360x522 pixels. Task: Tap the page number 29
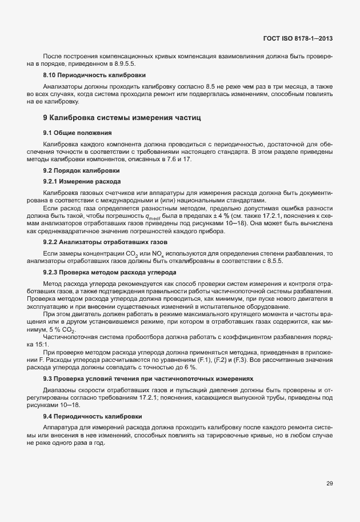[330, 484]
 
